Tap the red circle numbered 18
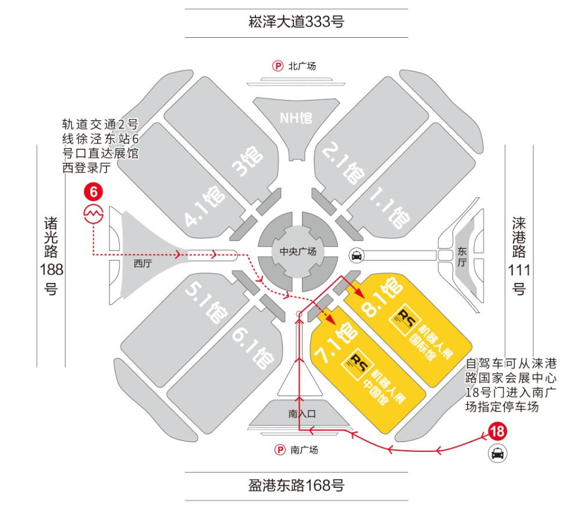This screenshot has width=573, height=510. [497, 432]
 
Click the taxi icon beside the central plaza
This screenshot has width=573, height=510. [355, 254]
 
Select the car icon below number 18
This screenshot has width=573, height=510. [497, 452]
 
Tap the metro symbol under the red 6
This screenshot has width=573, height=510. [93, 214]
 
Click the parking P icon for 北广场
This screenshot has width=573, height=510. [279, 66]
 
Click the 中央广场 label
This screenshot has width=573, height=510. [298, 252]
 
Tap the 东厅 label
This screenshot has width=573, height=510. [462, 256]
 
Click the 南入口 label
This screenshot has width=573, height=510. [301, 414]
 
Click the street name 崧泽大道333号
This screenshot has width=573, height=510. [297, 22]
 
